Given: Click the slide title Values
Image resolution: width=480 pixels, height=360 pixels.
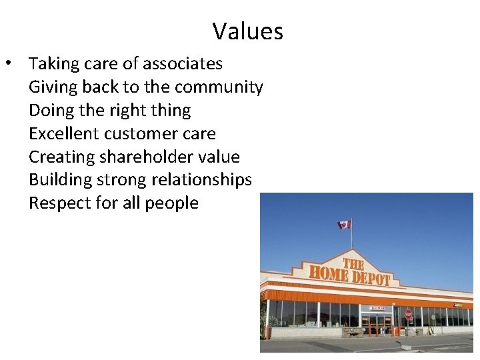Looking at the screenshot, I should (248, 31).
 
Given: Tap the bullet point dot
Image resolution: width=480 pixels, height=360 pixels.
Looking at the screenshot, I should (7, 64).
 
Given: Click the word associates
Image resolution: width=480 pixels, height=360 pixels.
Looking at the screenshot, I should (183, 64).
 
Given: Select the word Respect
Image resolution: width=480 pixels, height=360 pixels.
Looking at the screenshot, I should (59, 203).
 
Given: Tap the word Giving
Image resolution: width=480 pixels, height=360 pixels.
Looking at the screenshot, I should (53, 87).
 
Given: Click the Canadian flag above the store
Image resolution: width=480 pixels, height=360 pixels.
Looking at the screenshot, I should (344, 225).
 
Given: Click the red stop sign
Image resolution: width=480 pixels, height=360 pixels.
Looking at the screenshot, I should (408, 314).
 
